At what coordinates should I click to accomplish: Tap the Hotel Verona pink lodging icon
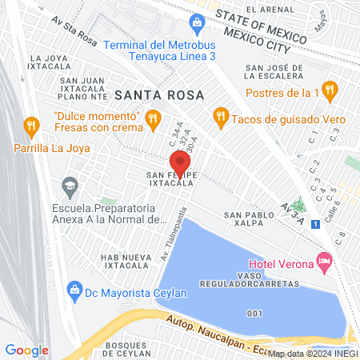coord(324,260)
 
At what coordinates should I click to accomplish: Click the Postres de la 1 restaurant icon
coord(329,89)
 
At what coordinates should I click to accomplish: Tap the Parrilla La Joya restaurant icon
coord(31,126)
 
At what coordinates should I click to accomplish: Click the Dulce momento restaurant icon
coord(150,120)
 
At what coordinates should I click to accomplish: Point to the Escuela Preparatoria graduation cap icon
coord(70,186)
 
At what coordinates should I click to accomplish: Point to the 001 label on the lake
coord(254,313)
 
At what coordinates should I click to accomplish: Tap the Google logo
coord(26,350)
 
